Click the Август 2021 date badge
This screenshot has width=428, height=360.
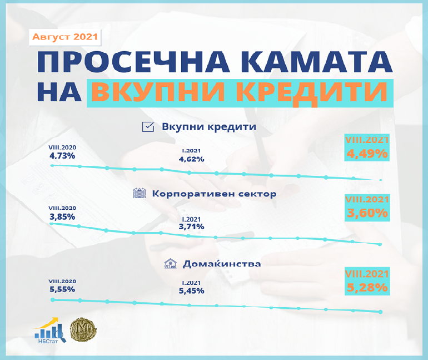pyautogui.click(x=65, y=37)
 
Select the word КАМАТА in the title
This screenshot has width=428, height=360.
pyautogui.click(x=317, y=62)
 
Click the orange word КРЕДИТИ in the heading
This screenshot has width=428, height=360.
pyautogui.click(x=312, y=92)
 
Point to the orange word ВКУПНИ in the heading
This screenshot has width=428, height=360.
pyautogui.click(x=158, y=92)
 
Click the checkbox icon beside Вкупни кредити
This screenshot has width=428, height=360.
pyautogui.click(x=148, y=127)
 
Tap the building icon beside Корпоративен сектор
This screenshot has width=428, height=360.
pyautogui.click(x=140, y=193)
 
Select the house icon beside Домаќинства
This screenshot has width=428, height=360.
pyautogui.click(x=170, y=263)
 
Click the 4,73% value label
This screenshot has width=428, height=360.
pyautogui.click(x=62, y=156)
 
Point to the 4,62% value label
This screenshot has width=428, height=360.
pyautogui.click(x=191, y=159)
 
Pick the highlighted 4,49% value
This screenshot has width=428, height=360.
pyautogui.click(x=367, y=154)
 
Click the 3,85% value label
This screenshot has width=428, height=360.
pyautogui.click(x=62, y=217)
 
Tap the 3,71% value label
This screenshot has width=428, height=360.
pyautogui.click(x=191, y=226)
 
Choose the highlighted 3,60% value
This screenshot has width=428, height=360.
pyautogui.click(x=367, y=213)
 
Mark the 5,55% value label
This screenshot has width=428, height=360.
pyautogui.click(x=62, y=289)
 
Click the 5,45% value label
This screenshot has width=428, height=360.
pyautogui.click(x=191, y=291)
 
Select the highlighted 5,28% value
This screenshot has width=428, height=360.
pyautogui.click(x=367, y=287)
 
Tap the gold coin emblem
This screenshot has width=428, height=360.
pyautogui.click(x=83, y=329)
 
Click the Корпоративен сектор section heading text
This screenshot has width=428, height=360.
pyautogui.click(x=214, y=194)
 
